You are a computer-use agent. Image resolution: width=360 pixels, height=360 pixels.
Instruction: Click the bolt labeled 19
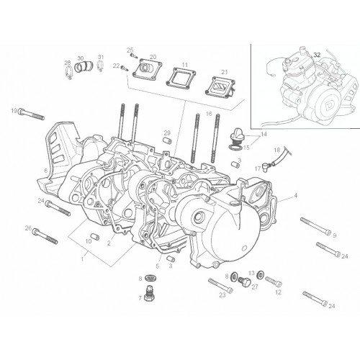[31, 114]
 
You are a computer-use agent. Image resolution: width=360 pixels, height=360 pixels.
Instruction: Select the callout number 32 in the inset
[317, 55]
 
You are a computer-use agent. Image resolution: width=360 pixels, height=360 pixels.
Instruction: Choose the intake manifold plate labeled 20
[148, 69]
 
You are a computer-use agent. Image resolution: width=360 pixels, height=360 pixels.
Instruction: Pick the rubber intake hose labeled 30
[83, 66]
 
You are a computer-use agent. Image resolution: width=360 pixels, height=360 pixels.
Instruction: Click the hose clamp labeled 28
[68, 72]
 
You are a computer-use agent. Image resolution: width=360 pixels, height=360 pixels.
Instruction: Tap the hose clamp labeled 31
[101, 66]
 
